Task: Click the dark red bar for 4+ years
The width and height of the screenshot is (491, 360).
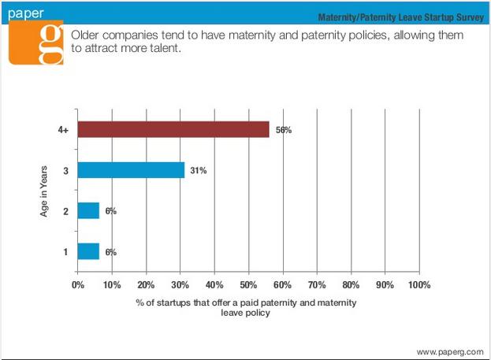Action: (173, 129)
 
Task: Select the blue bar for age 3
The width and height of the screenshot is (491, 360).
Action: (131, 170)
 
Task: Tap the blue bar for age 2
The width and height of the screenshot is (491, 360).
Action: (88, 210)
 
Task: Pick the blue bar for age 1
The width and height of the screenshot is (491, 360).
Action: (88, 251)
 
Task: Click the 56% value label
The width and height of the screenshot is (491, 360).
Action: (284, 130)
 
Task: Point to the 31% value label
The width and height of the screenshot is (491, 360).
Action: (199, 171)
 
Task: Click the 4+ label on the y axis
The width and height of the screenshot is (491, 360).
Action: (63, 130)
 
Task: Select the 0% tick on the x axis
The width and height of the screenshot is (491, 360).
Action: (78, 285)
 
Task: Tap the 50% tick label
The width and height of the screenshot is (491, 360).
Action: (248, 285)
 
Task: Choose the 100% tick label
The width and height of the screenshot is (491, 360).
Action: (419, 285)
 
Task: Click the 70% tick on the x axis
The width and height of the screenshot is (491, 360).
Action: (317, 285)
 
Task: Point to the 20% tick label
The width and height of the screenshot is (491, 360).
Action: (146, 285)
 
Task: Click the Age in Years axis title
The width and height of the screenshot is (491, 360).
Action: (43, 191)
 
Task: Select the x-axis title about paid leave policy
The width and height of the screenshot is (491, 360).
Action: (246, 307)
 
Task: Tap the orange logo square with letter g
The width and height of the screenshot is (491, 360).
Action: (36, 43)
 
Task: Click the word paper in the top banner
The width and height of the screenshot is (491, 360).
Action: (26, 13)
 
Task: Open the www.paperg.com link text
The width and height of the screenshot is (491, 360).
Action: (450, 352)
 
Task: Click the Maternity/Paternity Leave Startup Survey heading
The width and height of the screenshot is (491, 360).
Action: (401, 17)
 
